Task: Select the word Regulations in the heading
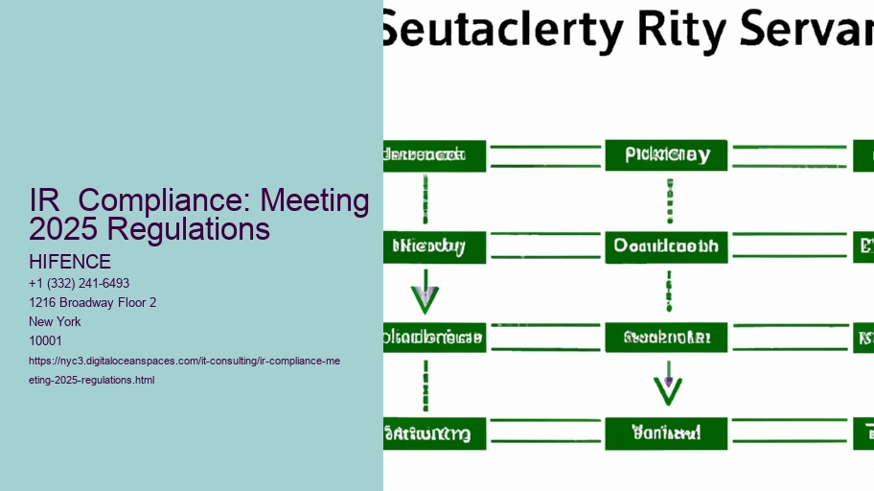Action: (197, 229)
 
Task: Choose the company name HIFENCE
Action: (70, 262)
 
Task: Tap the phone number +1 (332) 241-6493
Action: (80, 284)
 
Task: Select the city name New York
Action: (56, 322)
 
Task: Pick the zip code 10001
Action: (45, 341)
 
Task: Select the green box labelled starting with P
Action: (666, 155)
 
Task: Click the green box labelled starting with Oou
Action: (666, 246)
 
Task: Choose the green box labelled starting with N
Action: (434, 246)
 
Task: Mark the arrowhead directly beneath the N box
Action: (425, 299)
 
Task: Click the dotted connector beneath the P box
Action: (668, 200)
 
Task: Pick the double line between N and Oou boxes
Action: (545, 246)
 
